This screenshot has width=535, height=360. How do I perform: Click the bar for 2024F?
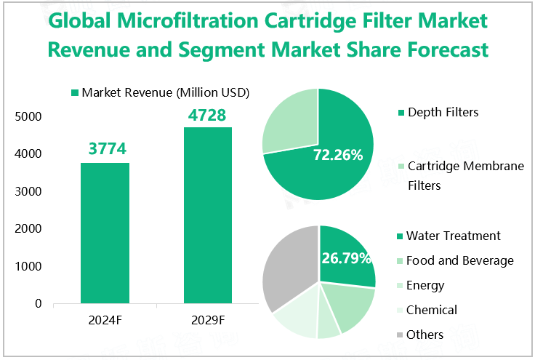[x=105, y=233]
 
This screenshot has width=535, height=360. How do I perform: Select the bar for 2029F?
[x=207, y=215]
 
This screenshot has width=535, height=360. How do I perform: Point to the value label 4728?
[x=207, y=115]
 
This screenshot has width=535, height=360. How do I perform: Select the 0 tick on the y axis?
[x=38, y=304]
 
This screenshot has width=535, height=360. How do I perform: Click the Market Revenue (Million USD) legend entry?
[x=160, y=92]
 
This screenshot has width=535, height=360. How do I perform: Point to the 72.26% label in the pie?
[x=337, y=155]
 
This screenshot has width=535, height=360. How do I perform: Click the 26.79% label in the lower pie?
[x=346, y=258]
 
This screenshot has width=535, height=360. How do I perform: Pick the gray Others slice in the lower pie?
[x=287, y=269]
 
